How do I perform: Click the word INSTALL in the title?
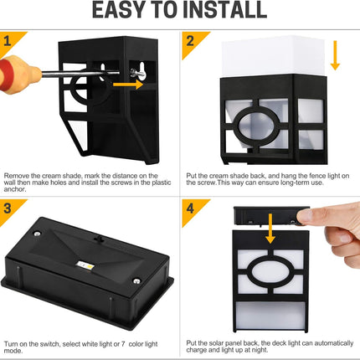pyautogui.click(x=225, y=10)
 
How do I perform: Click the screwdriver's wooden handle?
pyautogui.click(x=19, y=73)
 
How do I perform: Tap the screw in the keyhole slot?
pyautogui.click(x=138, y=74)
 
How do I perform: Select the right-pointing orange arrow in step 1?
pyautogui.click(x=128, y=84)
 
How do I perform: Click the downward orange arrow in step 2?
pyautogui.click(x=335, y=55)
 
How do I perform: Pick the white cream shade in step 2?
pyautogui.click(x=273, y=57)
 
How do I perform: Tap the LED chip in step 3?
pyautogui.click(x=85, y=265)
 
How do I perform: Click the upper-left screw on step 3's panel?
pyautogui.click(x=37, y=234)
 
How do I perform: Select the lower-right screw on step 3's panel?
pyautogui.click(x=136, y=281)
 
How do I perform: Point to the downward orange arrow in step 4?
pyautogui.click(x=270, y=229)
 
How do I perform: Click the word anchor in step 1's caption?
pyautogui.click(x=15, y=189)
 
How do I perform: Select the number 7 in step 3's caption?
pyautogui.click(x=123, y=344)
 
